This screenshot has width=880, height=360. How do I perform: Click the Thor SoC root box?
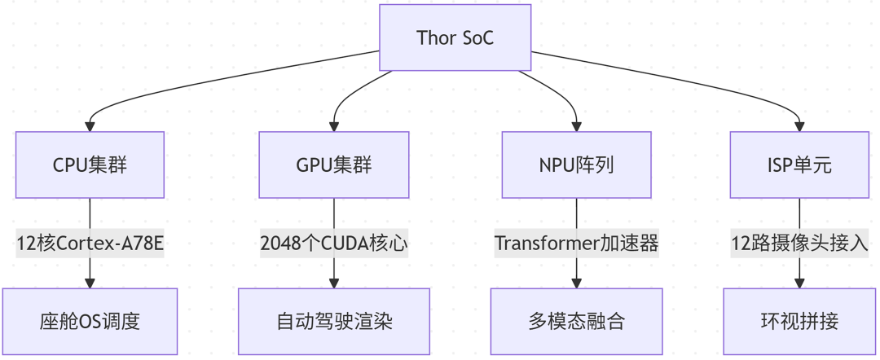point(455,37)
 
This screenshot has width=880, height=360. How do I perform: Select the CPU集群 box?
point(90,165)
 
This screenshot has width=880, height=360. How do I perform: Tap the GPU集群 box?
point(334,165)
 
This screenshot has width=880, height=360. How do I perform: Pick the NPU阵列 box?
point(576,165)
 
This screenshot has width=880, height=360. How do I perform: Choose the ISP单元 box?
point(800,165)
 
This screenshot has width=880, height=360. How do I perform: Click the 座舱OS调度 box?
point(90,321)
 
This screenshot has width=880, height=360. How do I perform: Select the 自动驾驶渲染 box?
point(334,321)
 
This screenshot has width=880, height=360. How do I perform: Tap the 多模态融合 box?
point(576,321)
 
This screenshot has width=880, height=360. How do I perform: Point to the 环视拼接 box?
point(800,321)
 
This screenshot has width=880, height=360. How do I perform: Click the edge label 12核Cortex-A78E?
point(90,244)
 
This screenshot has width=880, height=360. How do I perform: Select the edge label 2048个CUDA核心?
point(334,244)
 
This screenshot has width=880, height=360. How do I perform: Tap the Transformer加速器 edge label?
point(576,244)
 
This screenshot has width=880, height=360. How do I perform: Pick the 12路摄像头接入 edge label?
point(800,244)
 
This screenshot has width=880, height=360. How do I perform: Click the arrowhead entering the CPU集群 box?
point(90,127)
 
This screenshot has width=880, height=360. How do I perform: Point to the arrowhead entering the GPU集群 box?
point(334,127)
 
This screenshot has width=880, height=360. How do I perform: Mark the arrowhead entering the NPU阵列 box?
point(576,127)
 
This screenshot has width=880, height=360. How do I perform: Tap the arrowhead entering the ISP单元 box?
point(800,127)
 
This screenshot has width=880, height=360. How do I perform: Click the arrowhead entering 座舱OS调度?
point(90,283)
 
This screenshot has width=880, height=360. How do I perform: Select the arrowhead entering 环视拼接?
point(800,283)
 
